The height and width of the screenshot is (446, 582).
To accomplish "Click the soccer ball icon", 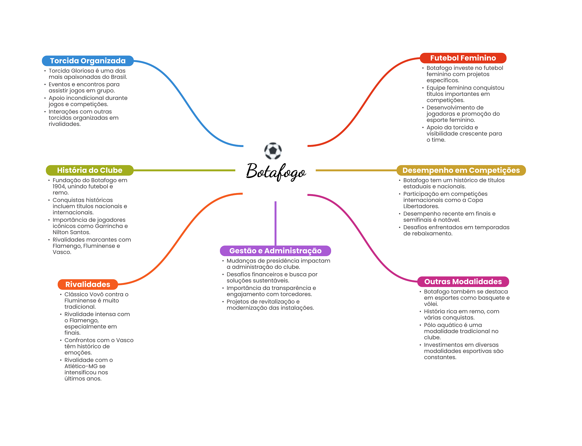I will (x=273, y=151).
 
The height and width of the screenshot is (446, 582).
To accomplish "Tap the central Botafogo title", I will (x=276, y=171).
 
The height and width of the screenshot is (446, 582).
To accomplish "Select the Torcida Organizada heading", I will (x=88, y=61).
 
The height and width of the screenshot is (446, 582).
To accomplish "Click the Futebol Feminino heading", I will (x=463, y=58).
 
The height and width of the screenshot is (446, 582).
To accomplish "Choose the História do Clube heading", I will (x=90, y=170).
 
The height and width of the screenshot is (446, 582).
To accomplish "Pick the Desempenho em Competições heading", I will (x=461, y=170).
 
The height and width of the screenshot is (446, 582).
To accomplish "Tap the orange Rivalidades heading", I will (x=88, y=284).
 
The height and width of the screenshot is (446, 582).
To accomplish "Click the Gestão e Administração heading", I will (x=275, y=251).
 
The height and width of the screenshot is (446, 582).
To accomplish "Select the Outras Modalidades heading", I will (x=463, y=282).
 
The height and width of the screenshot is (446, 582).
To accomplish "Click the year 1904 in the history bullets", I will (x=59, y=186).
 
